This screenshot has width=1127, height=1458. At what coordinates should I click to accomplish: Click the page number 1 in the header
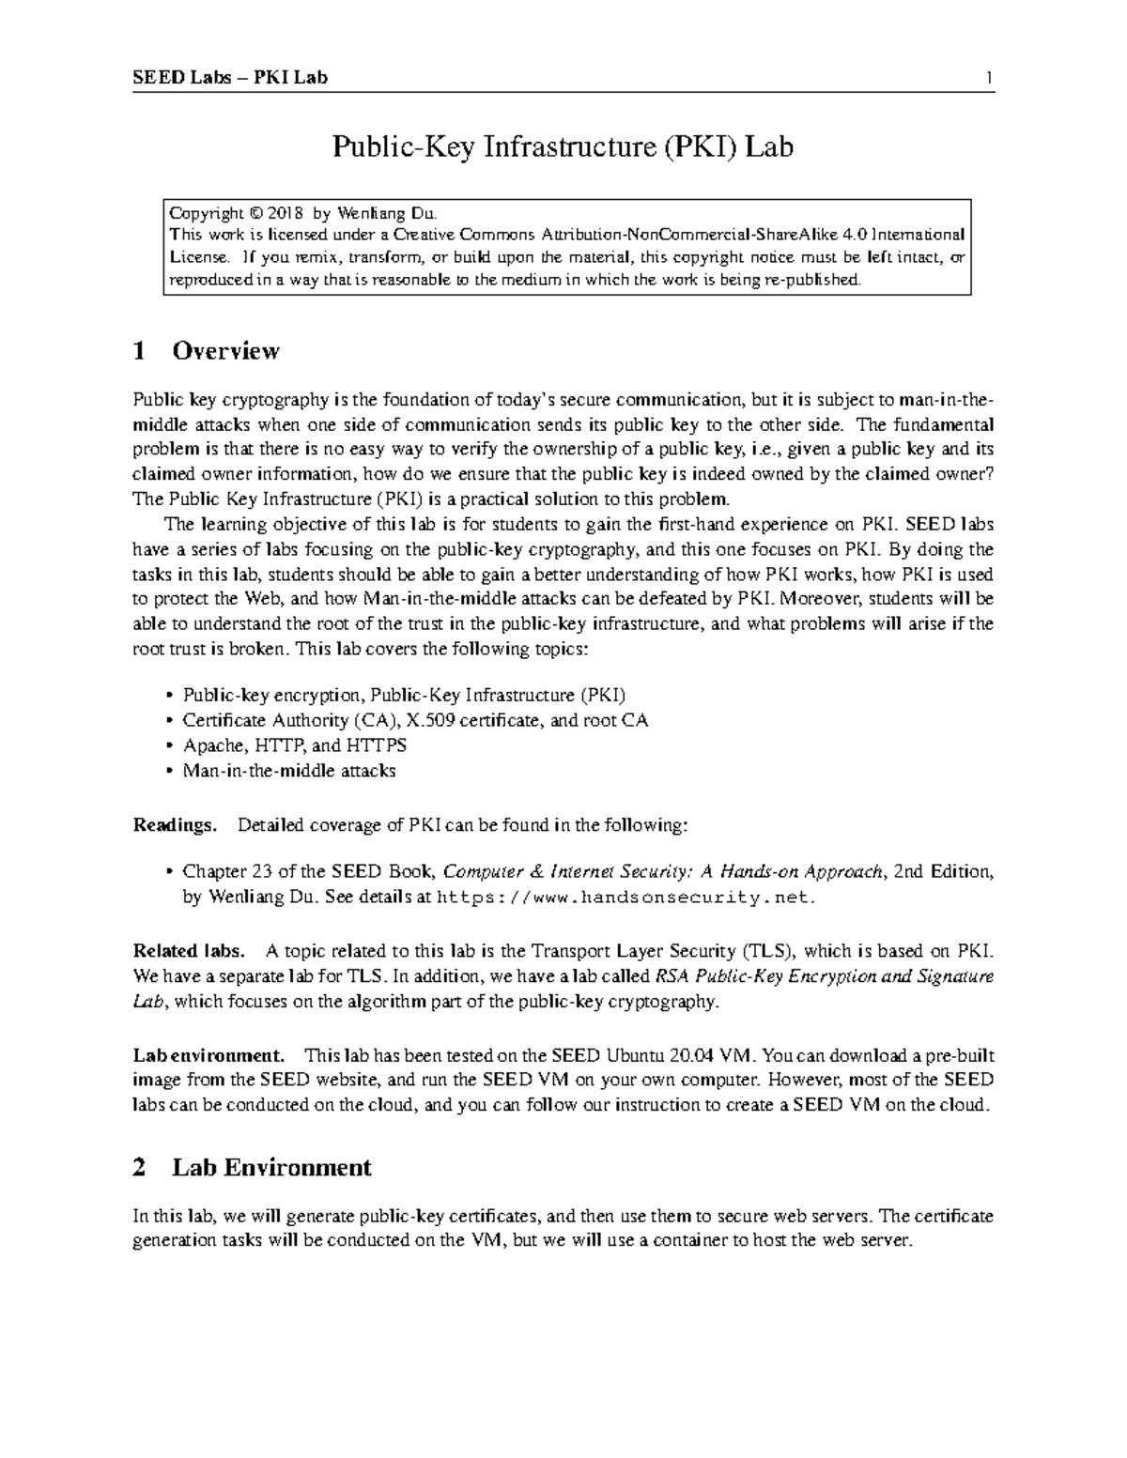pyautogui.click(x=989, y=78)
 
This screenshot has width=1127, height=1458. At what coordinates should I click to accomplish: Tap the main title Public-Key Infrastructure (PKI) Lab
pyautogui.click(x=563, y=147)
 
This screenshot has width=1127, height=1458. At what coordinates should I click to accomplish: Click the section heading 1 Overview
pyautogui.click(x=207, y=351)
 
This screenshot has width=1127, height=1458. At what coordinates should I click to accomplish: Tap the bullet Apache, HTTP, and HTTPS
pyautogui.click(x=294, y=746)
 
